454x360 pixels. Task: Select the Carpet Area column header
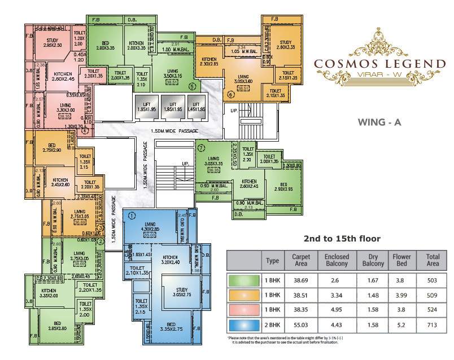[x=300, y=260]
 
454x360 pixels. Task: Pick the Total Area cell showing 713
[x=432, y=327]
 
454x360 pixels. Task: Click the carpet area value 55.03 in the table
[x=300, y=327]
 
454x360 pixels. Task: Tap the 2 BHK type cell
[x=272, y=327]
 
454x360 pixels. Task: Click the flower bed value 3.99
[x=401, y=295]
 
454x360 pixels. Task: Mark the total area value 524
[x=432, y=311]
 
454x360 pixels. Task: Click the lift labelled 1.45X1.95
[x=197, y=108]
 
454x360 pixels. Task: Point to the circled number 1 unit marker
[x=131, y=215]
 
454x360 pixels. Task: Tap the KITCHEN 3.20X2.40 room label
[x=167, y=259]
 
